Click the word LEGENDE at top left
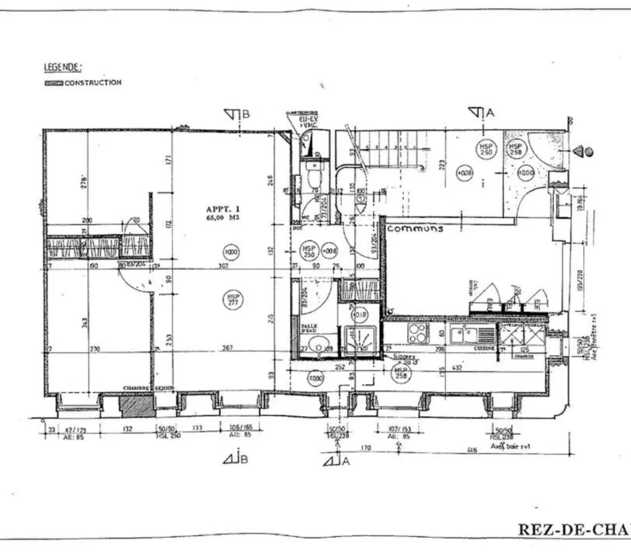63,67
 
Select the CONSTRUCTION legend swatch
54,83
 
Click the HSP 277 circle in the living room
233,301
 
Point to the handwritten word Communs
415,229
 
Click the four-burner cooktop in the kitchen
418,332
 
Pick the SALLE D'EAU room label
309,328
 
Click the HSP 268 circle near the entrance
514,149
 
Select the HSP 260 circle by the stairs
485,149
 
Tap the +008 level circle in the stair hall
464,172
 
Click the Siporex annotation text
403,356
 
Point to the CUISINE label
483,349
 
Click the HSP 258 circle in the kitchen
402,373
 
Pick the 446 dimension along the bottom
472,450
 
